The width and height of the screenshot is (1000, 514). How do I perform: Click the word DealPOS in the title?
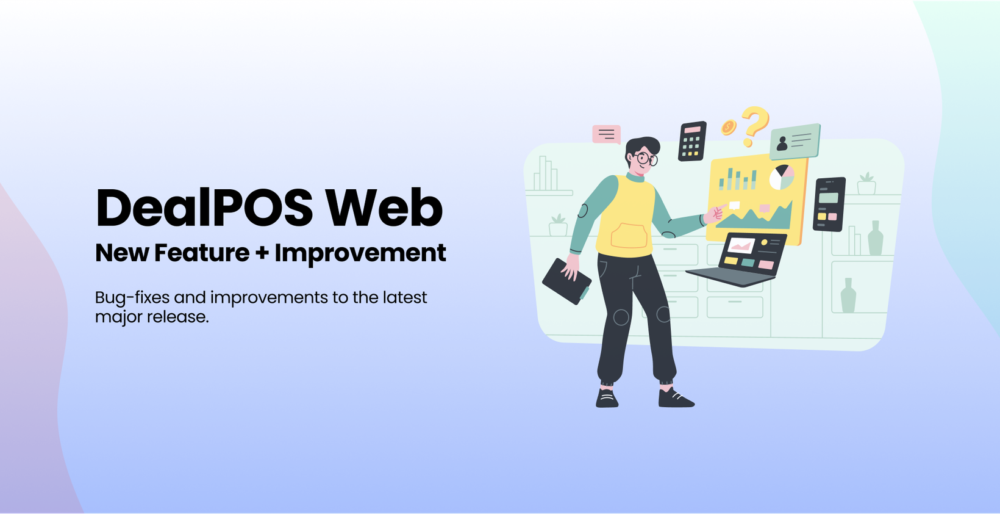204,208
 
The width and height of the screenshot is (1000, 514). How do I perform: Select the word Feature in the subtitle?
202,253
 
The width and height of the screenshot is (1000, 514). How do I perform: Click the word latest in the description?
405,297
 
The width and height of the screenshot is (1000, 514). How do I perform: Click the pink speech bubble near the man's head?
607,134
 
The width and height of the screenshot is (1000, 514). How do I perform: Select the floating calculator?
693,141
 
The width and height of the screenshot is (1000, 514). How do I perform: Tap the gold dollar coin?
729,128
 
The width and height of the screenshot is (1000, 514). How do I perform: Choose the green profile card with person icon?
795,142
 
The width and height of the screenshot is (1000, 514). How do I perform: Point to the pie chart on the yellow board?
782,177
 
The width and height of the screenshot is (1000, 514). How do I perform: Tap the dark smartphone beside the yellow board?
829,205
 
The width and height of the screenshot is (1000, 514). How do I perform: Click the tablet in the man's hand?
566,281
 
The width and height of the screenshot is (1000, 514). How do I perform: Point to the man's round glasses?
646,159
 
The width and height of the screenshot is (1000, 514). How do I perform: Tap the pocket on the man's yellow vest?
629,236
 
